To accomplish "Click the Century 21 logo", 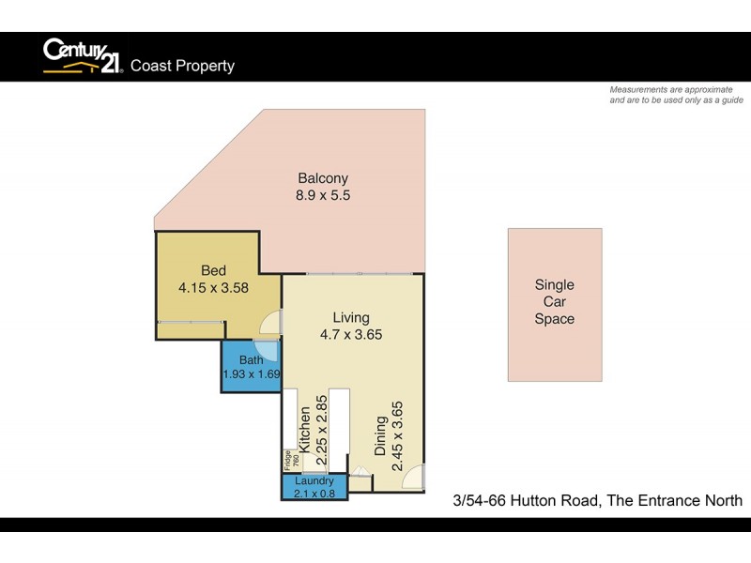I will pos(82,56).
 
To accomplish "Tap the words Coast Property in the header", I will pos(182,66).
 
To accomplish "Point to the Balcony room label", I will pos(323,178).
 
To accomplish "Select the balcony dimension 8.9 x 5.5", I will pos(323,196).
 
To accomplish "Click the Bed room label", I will pos(213,271).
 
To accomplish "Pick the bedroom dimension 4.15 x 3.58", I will pos(213,288).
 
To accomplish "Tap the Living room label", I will pos(351,317).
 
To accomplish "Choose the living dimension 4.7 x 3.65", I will pos(351,334).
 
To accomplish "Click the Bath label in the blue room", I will pos(251,359).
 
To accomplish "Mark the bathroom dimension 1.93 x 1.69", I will pos(252,374).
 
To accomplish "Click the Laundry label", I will pos(314,481).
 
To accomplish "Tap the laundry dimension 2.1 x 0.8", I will pos(314,494).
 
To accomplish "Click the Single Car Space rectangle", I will pos(554,304).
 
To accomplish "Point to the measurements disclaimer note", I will pos(676,94).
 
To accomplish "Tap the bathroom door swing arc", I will pos(268,349).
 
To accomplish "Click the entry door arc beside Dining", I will pos(413,479).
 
